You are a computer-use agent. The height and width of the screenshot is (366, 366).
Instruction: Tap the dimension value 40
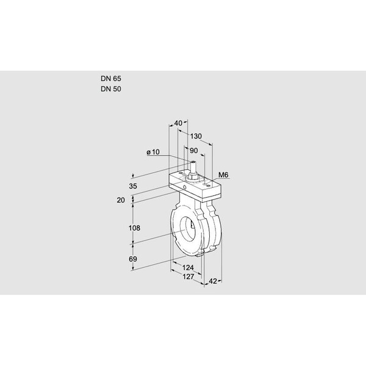tap(178, 123)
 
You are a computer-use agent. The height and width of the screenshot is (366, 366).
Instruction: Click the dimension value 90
tap(195, 151)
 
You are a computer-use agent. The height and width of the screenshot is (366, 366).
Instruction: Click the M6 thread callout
tap(223, 176)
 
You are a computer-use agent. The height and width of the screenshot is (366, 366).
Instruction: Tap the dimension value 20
tap(120, 200)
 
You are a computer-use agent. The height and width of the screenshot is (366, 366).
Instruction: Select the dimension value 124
tap(188, 268)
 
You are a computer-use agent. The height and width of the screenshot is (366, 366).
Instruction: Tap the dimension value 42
tap(213, 282)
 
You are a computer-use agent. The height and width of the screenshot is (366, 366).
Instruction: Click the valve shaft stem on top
tap(192, 167)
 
